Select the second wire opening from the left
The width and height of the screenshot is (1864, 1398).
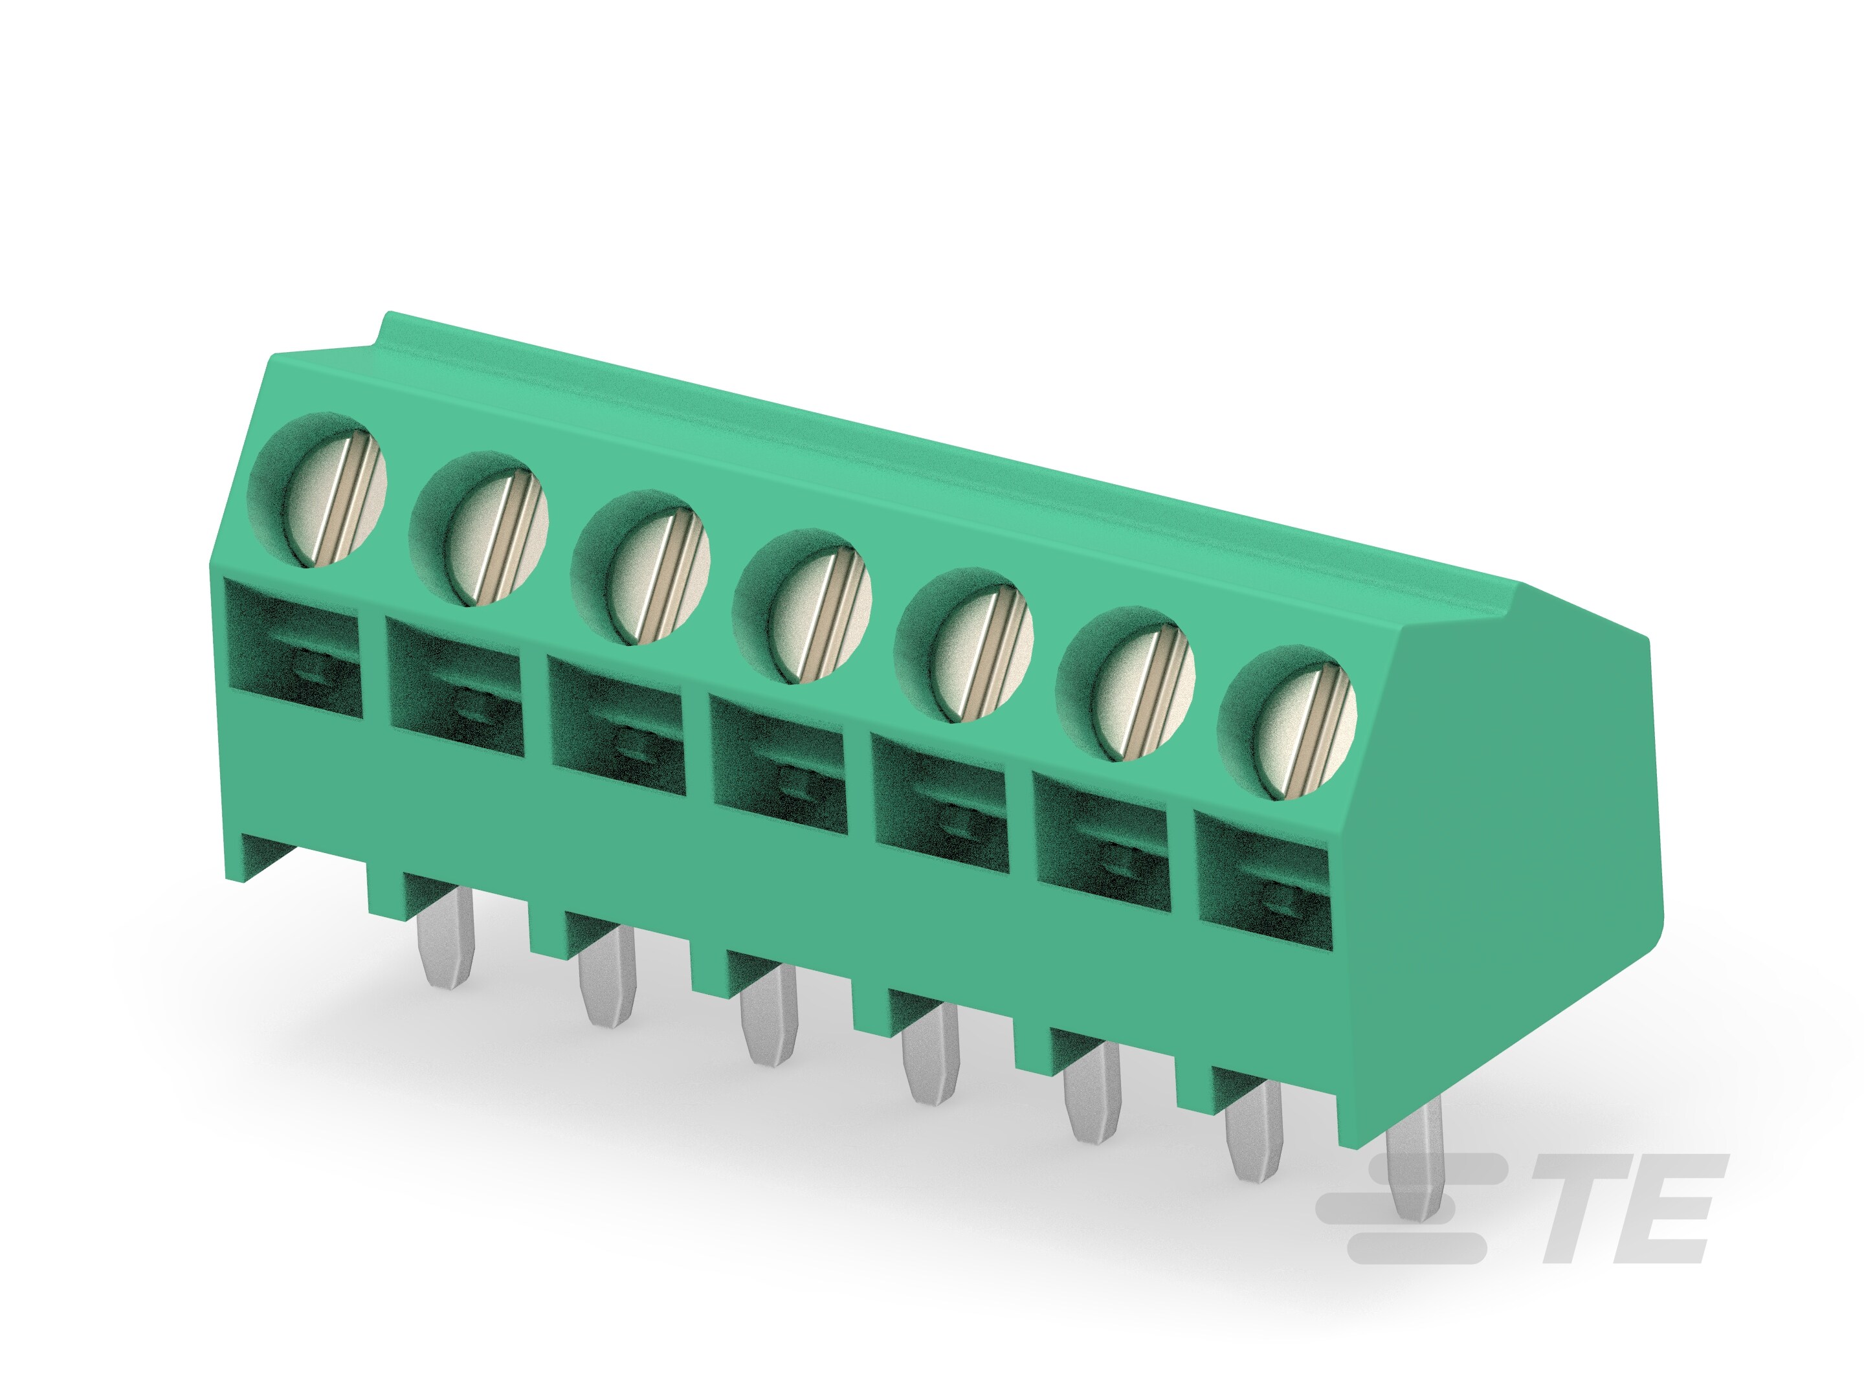click(456, 686)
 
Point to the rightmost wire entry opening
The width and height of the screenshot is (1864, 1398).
click(1262, 876)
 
